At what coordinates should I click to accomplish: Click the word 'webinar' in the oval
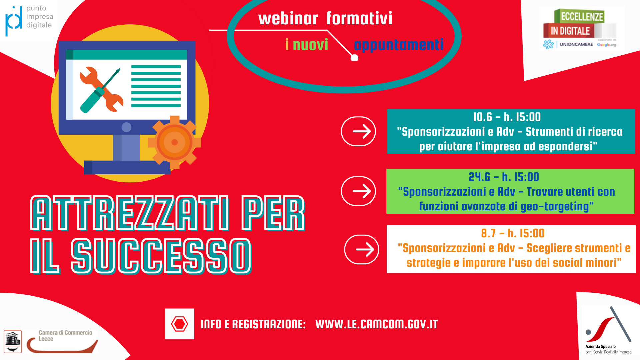tap(288, 18)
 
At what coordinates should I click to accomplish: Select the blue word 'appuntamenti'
tap(399, 45)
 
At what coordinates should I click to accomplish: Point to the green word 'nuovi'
tap(310, 45)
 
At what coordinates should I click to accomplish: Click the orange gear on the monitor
tap(174, 142)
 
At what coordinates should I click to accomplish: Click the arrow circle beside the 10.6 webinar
tap(358, 131)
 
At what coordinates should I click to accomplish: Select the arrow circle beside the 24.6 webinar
tap(358, 191)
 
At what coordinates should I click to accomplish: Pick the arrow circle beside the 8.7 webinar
tap(362, 249)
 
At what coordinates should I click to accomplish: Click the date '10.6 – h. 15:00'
tap(507, 117)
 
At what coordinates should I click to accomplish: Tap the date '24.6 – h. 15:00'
tap(504, 177)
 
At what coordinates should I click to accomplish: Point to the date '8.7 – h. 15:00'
tap(513, 233)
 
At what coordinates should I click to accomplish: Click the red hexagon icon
tap(179, 324)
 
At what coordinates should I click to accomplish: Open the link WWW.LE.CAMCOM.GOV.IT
tap(377, 324)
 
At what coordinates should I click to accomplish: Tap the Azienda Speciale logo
tap(608, 330)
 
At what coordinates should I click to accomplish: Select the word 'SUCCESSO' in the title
tap(161, 256)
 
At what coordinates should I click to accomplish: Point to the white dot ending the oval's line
tap(355, 58)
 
